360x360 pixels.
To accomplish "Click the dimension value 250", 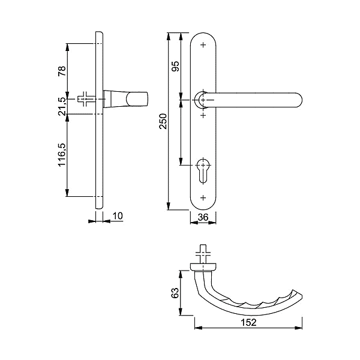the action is pyautogui.click(x=163, y=121).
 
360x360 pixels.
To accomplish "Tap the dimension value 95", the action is pyautogui.click(x=175, y=66).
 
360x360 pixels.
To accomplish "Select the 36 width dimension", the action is pyautogui.click(x=203, y=217).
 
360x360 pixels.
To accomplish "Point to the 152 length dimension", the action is pyautogui.click(x=248, y=323).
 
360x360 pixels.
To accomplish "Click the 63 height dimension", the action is pyautogui.click(x=175, y=293).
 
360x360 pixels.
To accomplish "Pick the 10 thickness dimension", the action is pyautogui.click(x=118, y=216).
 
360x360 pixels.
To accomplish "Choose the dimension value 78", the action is pyautogui.click(x=62, y=71).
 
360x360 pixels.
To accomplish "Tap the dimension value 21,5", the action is pyautogui.click(x=62, y=106).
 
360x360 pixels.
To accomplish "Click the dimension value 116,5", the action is pyautogui.click(x=62, y=155).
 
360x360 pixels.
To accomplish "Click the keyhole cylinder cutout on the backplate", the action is pyautogui.click(x=203, y=170).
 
